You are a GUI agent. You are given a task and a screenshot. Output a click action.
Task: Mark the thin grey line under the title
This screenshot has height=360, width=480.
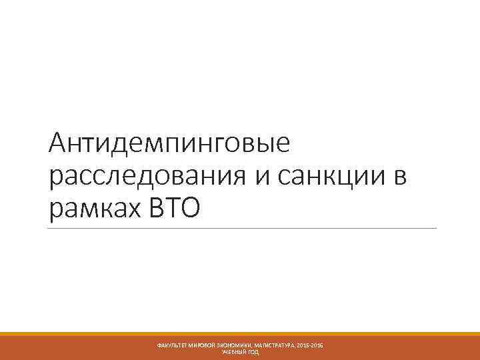tap(240, 229)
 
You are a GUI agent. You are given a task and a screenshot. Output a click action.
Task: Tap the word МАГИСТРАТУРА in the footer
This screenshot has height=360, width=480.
tap(279, 345)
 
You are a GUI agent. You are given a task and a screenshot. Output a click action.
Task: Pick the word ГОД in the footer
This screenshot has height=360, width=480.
tap(253, 351)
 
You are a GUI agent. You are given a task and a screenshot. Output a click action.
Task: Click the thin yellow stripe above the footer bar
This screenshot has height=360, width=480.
tap(240, 333)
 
